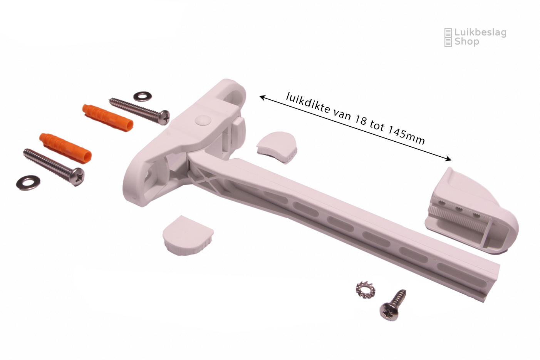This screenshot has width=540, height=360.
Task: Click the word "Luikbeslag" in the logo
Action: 480,33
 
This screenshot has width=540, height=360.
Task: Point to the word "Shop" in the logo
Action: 467,42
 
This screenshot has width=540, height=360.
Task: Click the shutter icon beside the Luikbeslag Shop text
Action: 448,37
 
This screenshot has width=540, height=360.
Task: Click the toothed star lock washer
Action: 366,290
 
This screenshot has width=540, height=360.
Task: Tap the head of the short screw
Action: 389,312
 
